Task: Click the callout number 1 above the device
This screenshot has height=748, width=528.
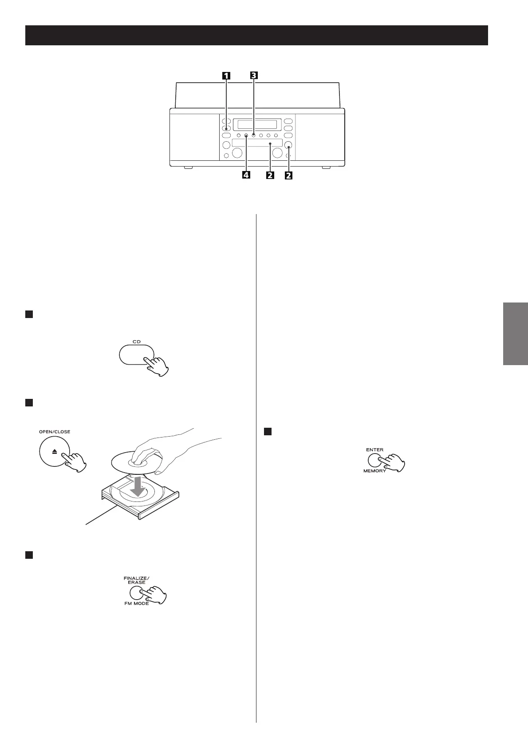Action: coord(226,76)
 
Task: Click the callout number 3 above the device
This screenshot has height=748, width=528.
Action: coord(253,76)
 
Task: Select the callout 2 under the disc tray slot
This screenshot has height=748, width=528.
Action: coord(269,175)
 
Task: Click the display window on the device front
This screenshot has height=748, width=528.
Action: coord(257,124)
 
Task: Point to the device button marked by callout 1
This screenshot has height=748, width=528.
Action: coord(226,129)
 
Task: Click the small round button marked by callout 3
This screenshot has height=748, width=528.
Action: coord(253,135)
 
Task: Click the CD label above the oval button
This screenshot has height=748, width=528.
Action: coord(137,342)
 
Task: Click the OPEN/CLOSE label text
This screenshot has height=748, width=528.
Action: coord(55,432)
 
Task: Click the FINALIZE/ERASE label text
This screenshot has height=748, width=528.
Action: coord(137,579)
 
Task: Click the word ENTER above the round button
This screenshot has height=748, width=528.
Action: coord(375,450)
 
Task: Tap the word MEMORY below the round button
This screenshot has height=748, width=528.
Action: coord(375,471)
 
